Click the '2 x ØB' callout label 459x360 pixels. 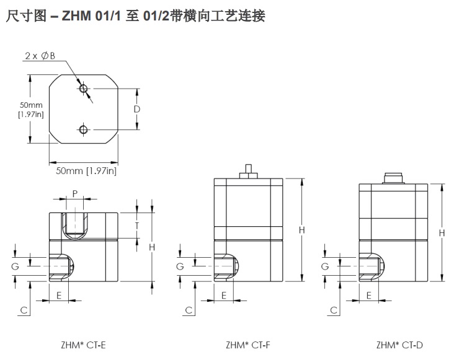40,56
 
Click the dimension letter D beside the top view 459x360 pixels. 137,109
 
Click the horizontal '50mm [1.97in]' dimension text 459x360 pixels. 86,170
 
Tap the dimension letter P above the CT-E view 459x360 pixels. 75,193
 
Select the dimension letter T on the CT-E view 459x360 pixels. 137,225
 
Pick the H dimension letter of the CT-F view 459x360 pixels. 302,230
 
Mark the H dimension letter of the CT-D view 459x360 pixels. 442,232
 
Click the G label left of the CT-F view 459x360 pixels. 180,266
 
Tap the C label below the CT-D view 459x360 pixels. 333,309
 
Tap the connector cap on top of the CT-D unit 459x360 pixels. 392,178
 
